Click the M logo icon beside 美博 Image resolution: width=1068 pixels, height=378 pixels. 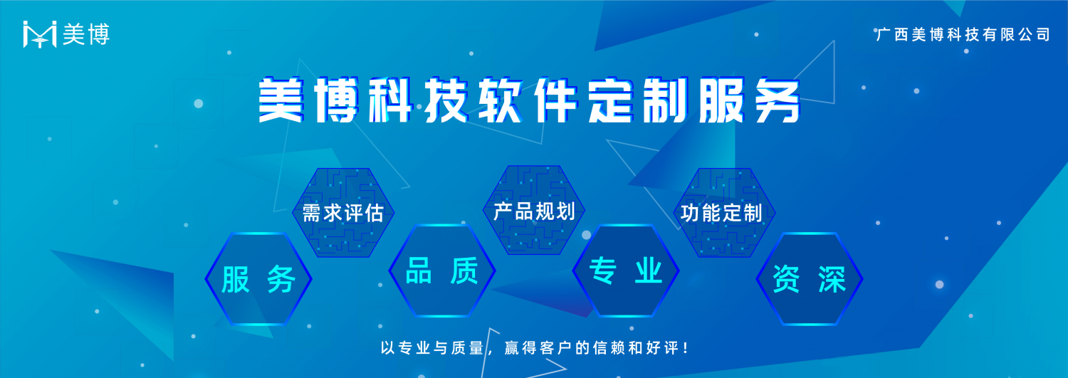pos(40,34)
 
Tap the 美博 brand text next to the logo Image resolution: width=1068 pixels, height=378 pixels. pos(86,34)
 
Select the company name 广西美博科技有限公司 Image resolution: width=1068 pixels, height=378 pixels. pos(963,34)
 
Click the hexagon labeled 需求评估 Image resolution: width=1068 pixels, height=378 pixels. pos(343,213)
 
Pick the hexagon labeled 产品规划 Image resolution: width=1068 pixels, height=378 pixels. pos(534,210)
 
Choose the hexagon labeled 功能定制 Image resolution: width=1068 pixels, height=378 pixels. pos(725,213)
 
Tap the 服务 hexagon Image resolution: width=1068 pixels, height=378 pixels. pos(258,279)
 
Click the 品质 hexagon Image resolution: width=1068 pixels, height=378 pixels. pos(442,271)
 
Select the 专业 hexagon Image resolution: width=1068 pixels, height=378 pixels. pos(626,271)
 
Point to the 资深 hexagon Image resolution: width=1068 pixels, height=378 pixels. pos(809,279)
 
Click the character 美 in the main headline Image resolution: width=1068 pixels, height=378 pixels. pos(281,100)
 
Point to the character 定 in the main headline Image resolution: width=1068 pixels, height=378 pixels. pos(611,100)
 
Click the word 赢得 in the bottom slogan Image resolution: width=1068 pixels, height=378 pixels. pos(521,348)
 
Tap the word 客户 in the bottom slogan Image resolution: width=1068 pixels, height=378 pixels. pos(556,348)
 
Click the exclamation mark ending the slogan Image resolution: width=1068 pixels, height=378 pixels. pos(686,348)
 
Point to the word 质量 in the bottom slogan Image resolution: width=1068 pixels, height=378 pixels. pos(468,348)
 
